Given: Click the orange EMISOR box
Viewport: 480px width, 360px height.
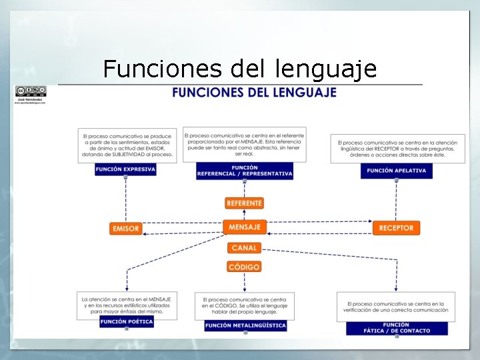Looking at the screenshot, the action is (126, 228).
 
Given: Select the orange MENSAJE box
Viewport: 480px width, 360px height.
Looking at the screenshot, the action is (245, 227).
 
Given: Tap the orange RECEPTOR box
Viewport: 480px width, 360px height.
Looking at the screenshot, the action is (396, 228).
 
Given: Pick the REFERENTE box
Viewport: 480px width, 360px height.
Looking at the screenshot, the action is (245, 203).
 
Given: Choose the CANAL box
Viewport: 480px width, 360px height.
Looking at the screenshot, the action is (244, 248).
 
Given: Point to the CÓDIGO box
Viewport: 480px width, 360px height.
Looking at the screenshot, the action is (244, 267).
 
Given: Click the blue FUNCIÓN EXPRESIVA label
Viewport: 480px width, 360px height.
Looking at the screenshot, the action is (125, 169).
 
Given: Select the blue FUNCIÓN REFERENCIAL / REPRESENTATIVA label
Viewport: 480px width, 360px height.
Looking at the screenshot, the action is (245, 171).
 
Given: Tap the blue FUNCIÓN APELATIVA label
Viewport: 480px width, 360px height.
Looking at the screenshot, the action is (396, 171).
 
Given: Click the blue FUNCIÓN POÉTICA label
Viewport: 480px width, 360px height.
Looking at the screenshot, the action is (126, 321).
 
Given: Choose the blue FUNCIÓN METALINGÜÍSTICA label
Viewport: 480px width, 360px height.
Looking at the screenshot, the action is (245, 325).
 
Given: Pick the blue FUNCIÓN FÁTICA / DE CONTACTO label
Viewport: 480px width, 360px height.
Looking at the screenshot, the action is (397, 328).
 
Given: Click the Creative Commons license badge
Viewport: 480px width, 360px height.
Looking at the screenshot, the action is (31, 91).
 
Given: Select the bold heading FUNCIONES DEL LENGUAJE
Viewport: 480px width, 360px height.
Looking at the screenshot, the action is (254, 93).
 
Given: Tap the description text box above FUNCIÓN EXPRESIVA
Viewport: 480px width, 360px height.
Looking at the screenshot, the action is (125, 145).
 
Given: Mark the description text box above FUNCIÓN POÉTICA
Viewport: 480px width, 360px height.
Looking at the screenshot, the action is (126, 305).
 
